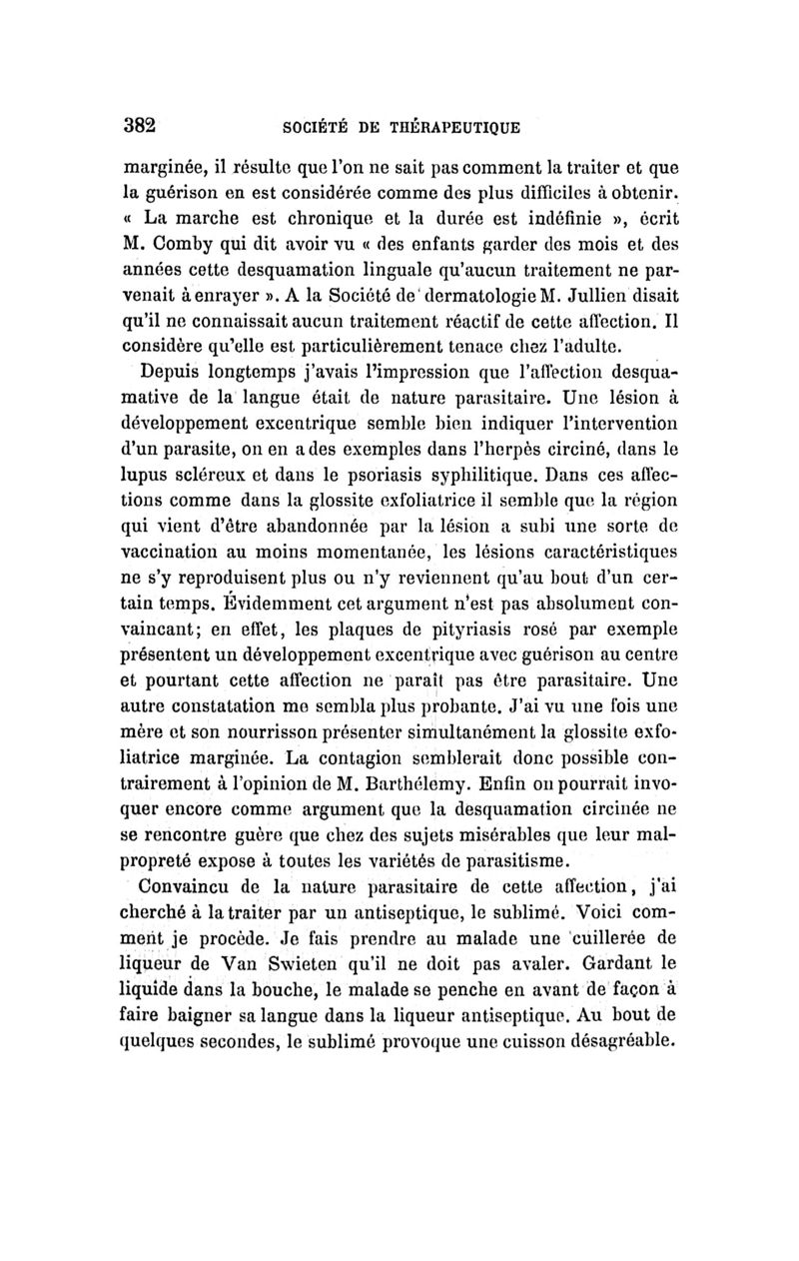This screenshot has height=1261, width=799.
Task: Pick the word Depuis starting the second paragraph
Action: click(179, 373)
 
